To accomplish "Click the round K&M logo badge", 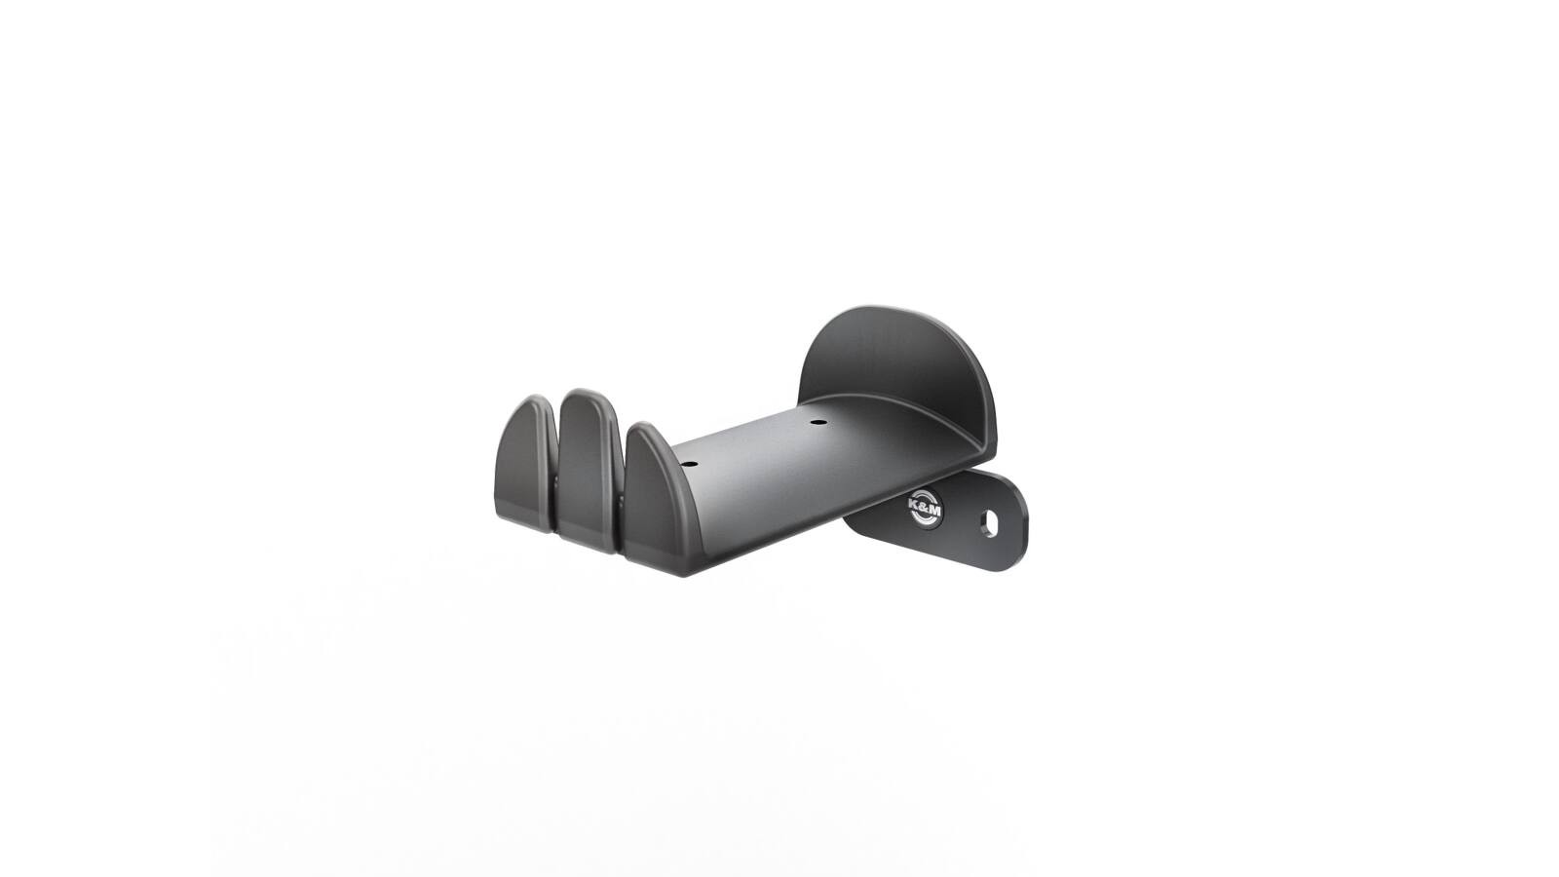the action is (x=925, y=508).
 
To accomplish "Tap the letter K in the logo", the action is (x=915, y=504).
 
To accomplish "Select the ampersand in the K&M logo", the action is (x=924, y=507).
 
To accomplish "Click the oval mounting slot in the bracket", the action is (x=989, y=525).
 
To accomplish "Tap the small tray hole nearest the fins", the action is (x=688, y=463).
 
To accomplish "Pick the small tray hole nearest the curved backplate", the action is (x=818, y=422).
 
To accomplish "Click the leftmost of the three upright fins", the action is (x=527, y=464).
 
